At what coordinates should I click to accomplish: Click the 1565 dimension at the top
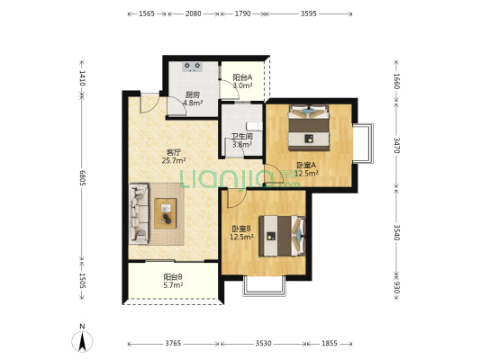coord(147,13)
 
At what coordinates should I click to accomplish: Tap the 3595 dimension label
coord(308,13)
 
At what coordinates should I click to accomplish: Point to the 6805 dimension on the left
coord(82,177)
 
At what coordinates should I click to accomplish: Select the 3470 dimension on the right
coord(396,145)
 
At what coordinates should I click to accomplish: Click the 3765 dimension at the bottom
coord(173,344)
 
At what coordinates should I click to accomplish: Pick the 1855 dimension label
coord(330,344)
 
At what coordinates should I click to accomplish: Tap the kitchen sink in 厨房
coord(192,67)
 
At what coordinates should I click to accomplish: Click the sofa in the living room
coord(139,214)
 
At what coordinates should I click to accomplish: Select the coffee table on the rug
coord(166,213)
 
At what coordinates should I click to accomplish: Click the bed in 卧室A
coord(309,128)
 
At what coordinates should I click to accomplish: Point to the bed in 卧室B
coord(282,236)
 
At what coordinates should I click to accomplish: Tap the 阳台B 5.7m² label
coord(173,281)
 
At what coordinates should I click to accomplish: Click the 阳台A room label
coord(242,77)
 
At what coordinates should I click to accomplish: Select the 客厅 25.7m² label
coord(174,157)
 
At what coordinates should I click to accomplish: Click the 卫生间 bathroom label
coord(242,137)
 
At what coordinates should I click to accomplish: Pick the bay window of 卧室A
coord(363,143)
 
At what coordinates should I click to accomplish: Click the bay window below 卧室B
coord(265,285)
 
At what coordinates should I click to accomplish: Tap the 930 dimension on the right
coord(396,287)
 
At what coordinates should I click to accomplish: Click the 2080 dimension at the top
coord(193,13)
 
